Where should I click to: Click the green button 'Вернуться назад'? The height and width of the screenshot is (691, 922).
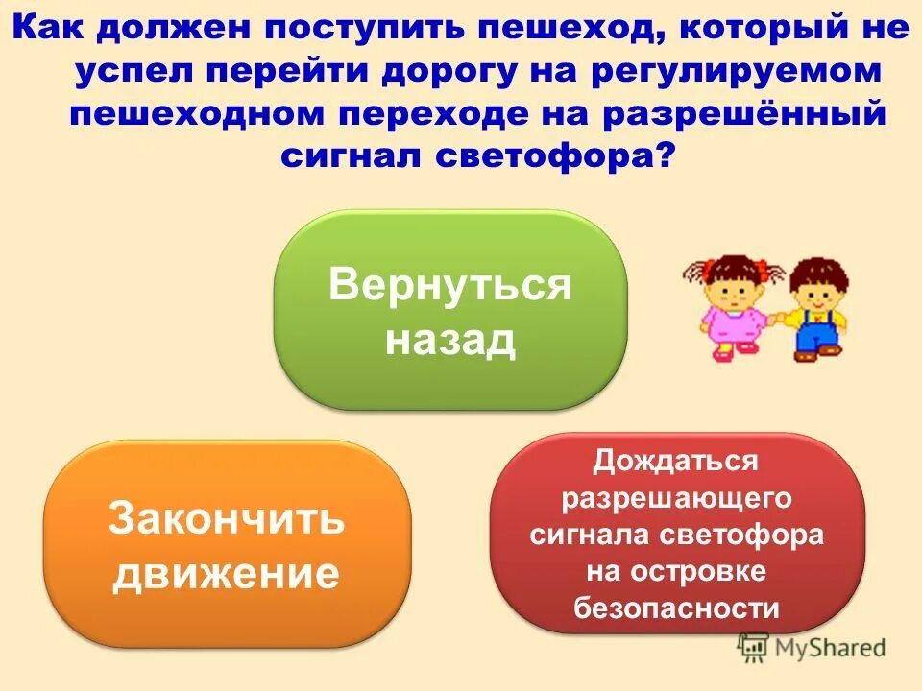[449, 309]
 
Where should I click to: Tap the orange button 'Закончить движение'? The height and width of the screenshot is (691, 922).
[227, 543]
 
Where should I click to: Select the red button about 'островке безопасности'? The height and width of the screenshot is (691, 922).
[677, 533]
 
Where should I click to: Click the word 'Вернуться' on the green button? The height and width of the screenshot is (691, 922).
[449, 285]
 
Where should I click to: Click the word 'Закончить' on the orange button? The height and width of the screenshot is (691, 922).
[227, 518]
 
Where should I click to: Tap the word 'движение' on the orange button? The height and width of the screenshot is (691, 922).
[227, 573]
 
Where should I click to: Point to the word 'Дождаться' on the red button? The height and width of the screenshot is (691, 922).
[675, 461]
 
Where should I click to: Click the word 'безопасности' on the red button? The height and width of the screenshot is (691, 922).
[676, 608]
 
